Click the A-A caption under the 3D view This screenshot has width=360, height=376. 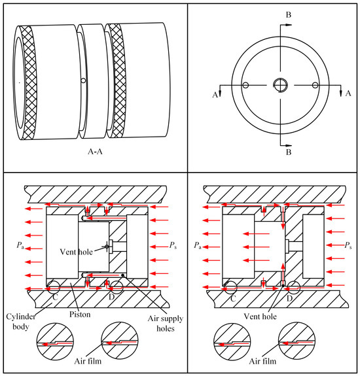click(x=95, y=152)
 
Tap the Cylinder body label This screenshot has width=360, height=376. click(x=21, y=322)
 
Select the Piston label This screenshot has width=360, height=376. click(x=80, y=314)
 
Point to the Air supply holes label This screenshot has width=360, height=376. click(x=166, y=323)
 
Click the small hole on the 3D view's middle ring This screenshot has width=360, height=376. click(x=83, y=80)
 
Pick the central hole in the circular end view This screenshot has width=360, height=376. click(x=280, y=85)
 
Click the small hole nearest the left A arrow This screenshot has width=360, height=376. click(x=245, y=85)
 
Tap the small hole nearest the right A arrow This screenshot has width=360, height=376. click(x=315, y=85)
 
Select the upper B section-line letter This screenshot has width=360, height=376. click(x=289, y=15)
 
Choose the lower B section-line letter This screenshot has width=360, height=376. click(x=289, y=152)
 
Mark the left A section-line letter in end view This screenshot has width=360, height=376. click(x=215, y=95)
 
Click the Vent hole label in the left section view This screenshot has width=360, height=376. click(x=76, y=252)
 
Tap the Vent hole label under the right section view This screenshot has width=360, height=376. click(x=260, y=316)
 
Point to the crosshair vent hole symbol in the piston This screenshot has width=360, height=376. click(x=107, y=247)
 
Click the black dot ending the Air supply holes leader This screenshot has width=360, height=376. click(x=122, y=275)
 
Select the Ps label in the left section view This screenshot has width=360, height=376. click(x=173, y=245)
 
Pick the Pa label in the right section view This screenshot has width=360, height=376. click(x=198, y=245)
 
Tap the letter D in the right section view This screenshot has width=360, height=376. click(x=289, y=298)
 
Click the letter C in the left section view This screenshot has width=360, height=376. click(x=56, y=298)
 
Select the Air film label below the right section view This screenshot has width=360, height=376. click(x=262, y=361)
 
